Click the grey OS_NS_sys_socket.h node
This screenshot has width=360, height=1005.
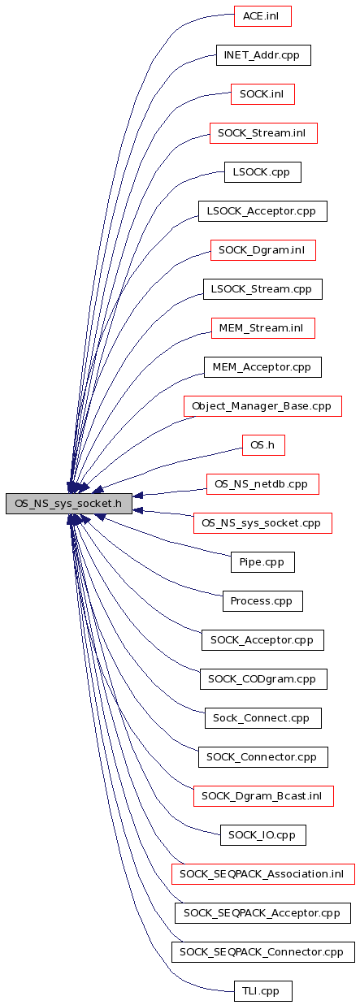tap(69, 504)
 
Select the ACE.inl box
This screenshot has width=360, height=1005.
tap(262, 16)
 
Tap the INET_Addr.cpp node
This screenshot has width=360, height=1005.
tap(263, 55)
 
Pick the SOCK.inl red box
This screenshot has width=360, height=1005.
tap(262, 94)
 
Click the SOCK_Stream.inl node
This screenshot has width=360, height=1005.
tap(263, 133)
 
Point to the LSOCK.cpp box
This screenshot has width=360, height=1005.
tap(262, 172)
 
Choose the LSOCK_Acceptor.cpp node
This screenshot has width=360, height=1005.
tap(262, 211)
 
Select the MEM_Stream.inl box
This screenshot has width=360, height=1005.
tap(263, 328)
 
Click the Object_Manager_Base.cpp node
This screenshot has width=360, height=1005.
tap(262, 406)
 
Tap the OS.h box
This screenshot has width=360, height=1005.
tap(263, 445)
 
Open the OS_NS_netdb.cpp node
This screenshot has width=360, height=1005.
tap(262, 484)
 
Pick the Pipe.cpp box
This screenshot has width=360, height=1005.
tap(262, 562)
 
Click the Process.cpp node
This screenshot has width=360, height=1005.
tap(262, 600)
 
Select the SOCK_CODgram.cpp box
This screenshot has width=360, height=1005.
tap(263, 679)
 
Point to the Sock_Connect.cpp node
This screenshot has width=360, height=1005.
tap(263, 718)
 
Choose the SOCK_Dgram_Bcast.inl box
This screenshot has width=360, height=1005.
tap(263, 796)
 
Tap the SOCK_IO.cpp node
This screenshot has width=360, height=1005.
tap(263, 835)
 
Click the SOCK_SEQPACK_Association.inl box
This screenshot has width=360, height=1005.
tap(263, 874)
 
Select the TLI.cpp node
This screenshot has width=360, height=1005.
tap(263, 990)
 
